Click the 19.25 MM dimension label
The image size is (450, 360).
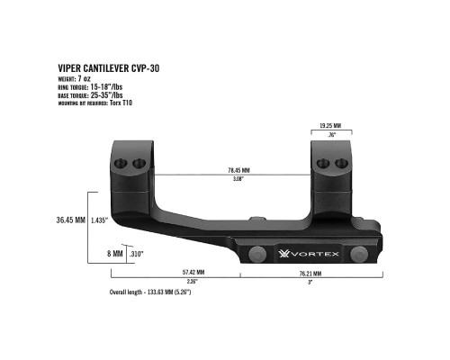332,127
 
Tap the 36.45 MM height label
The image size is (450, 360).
70,220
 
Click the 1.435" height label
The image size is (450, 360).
99,220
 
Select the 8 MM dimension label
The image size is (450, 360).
115,254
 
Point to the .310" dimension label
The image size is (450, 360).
138,254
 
